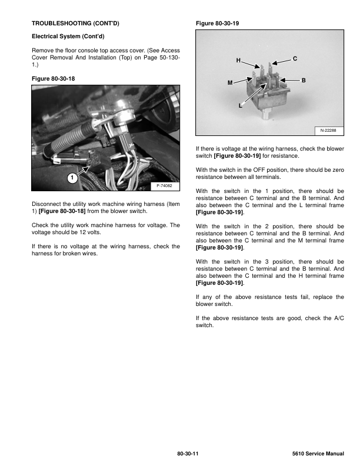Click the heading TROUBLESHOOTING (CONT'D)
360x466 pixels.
pos(75,23)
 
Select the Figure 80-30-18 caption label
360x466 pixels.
pos(53,78)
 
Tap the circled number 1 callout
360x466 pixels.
pos(71,177)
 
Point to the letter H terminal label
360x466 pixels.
pos(238,61)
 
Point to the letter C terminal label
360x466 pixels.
pos(295,58)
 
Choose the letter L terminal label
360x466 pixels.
pos(241,106)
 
